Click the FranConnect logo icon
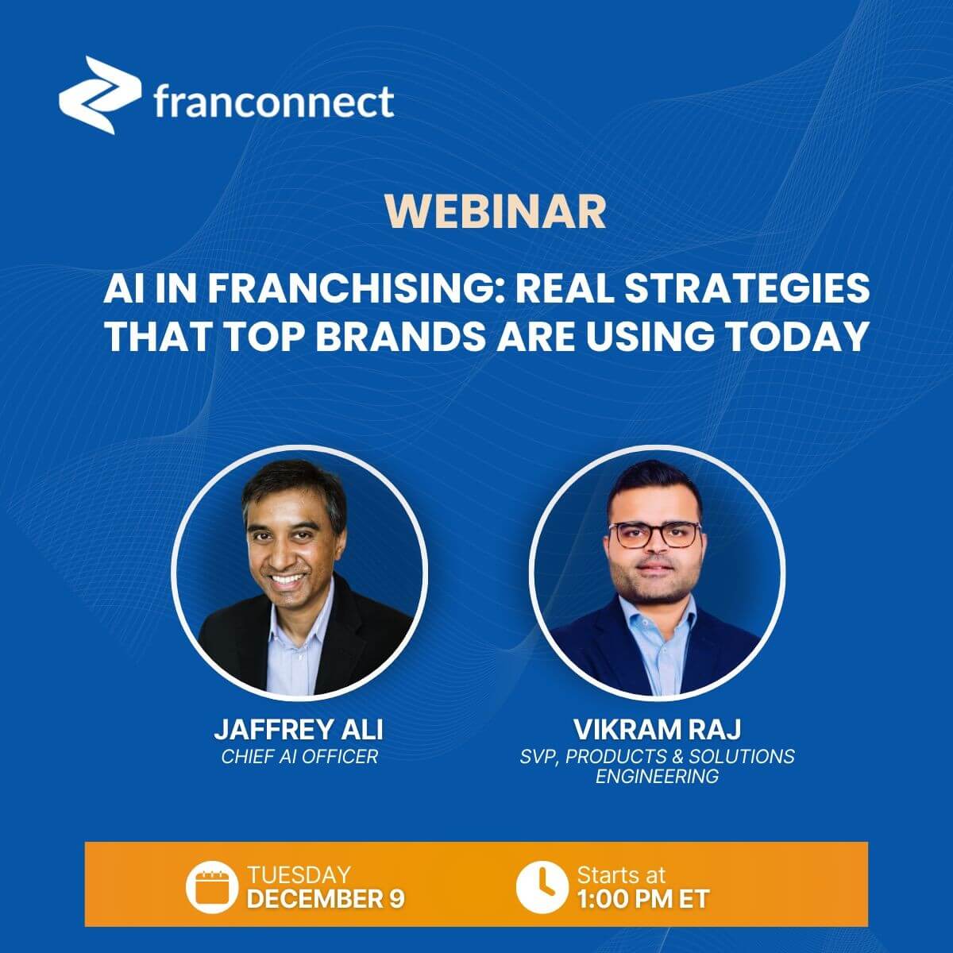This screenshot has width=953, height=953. point(95,95)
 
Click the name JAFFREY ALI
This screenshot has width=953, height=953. point(299,730)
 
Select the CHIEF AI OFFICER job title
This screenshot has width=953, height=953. point(299,756)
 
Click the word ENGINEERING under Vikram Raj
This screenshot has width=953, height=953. point(657,776)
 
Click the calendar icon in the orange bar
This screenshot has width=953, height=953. point(211,887)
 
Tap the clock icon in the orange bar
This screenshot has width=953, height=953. point(541,887)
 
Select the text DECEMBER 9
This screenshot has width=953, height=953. point(326,899)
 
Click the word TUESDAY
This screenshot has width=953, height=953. point(298,875)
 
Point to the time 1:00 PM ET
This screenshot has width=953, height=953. point(643,899)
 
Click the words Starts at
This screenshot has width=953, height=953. point(621,875)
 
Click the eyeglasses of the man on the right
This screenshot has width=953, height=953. point(658,534)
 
